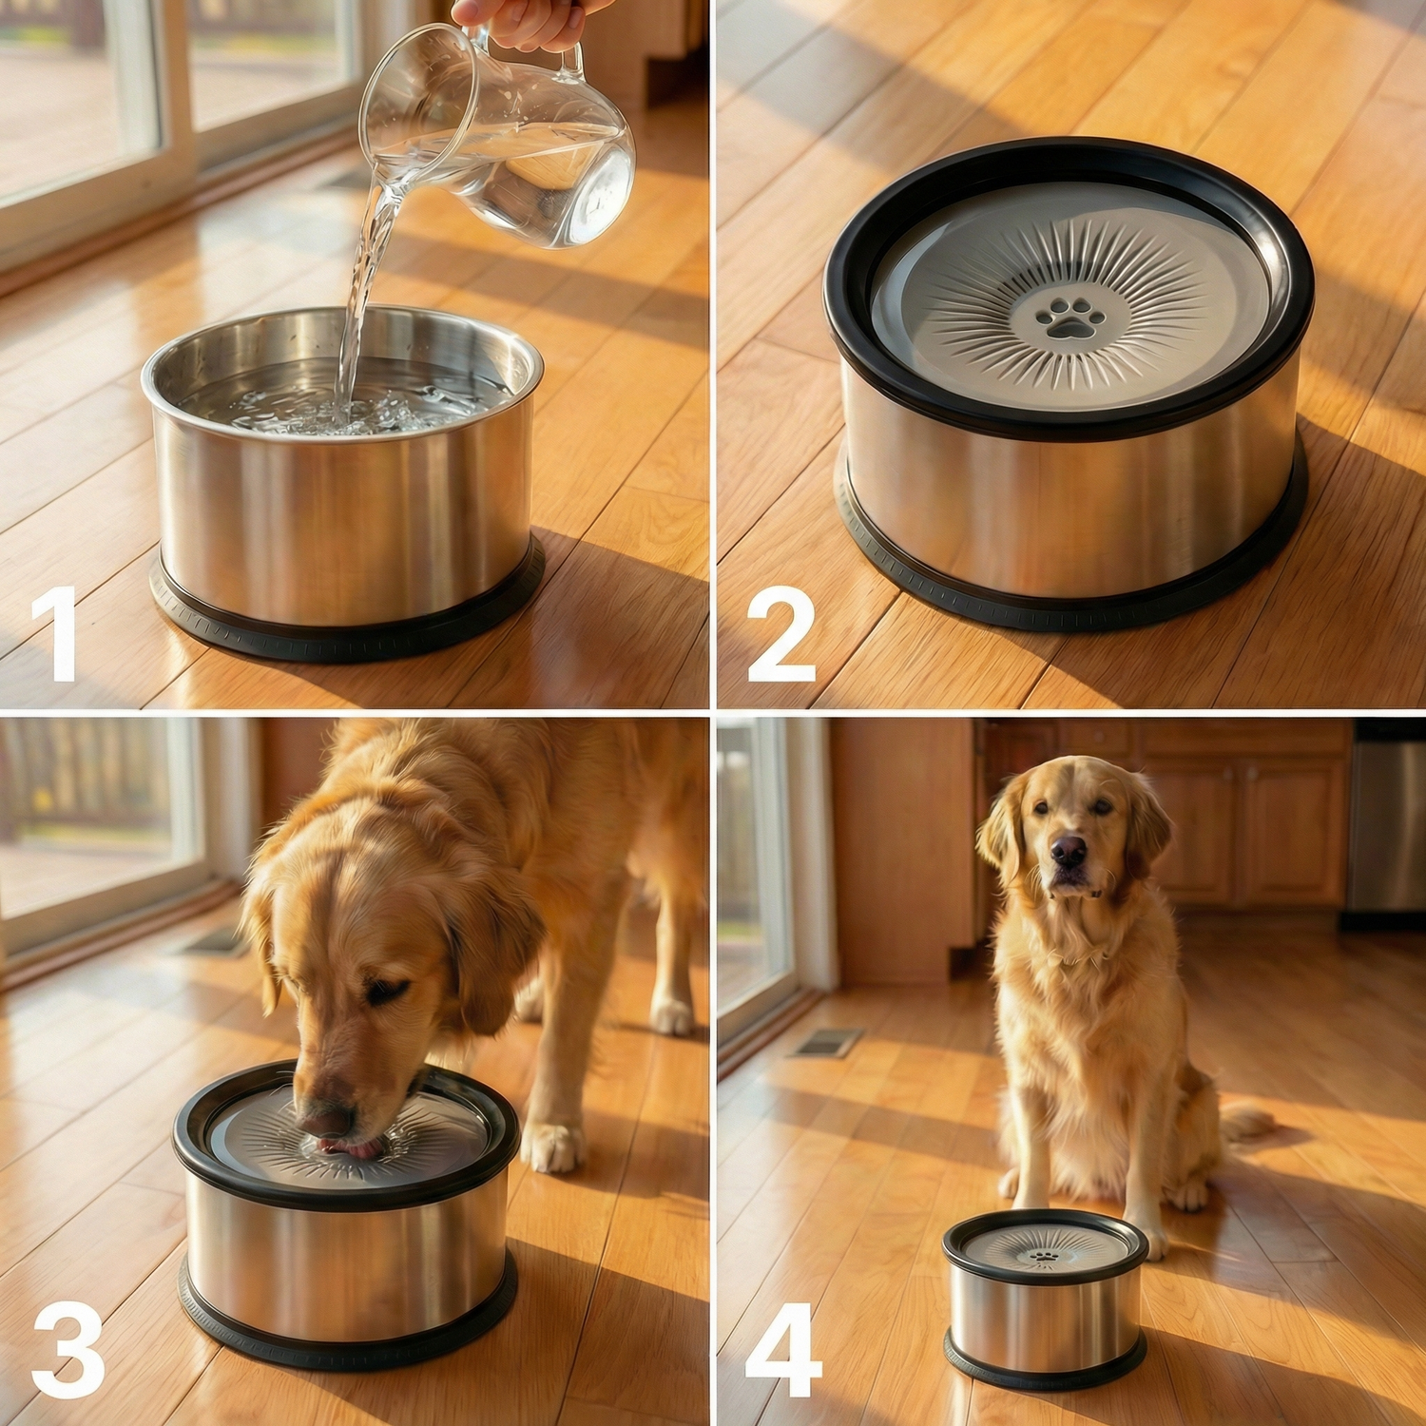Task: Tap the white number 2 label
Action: (781, 634)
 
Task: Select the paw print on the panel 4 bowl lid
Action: (1044, 1257)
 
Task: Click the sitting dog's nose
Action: (1069, 848)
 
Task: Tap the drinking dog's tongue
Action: (349, 1147)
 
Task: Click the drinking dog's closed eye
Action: (387, 992)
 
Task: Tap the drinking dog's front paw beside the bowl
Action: (551, 1147)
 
